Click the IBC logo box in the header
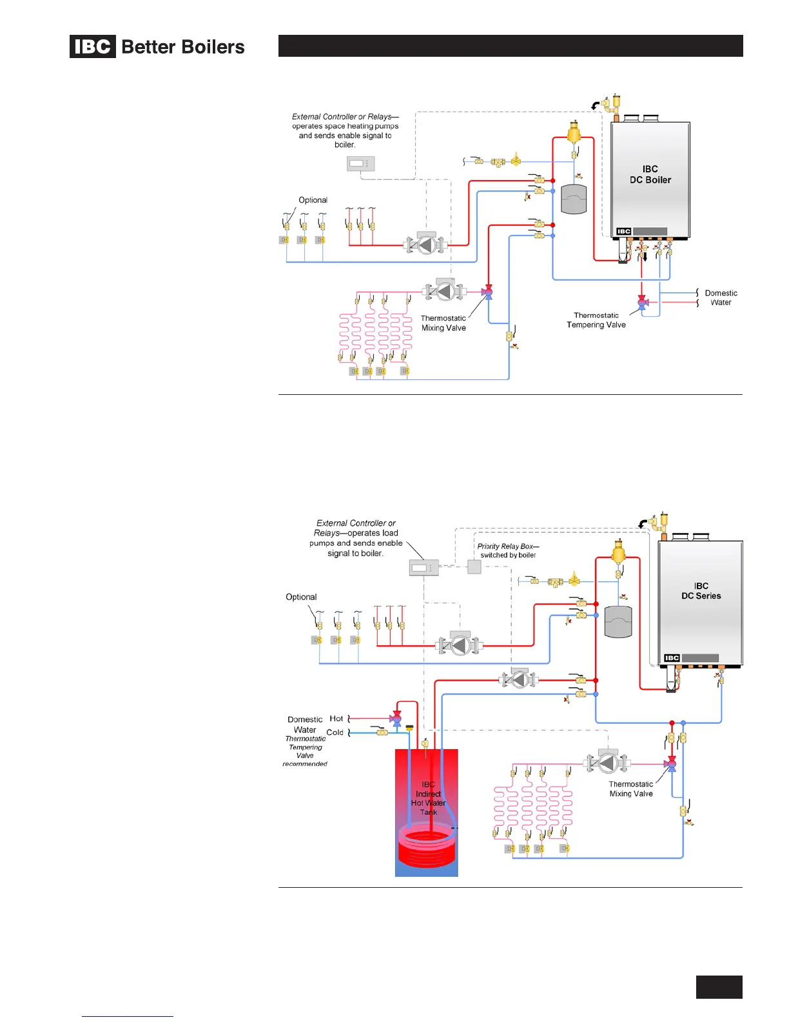(x=93, y=46)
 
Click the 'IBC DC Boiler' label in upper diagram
(x=650, y=175)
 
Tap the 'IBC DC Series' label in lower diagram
(x=701, y=591)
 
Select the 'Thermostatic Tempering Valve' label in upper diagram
(x=596, y=321)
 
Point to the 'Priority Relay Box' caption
(x=508, y=550)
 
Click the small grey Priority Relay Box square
(x=474, y=567)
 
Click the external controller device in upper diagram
(x=357, y=164)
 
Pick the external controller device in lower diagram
(x=424, y=568)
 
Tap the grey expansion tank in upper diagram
(x=574, y=199)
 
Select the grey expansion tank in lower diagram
(x=618, y=622)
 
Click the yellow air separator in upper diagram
(x=573, y=134)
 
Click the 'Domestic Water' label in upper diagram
(x=721, y=298)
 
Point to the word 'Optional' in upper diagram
(x=313, y=200)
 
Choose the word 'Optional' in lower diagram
(x=301, y=597)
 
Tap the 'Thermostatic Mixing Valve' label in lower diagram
(x=631, y=789)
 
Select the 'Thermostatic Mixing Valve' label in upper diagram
(x=443, y=323)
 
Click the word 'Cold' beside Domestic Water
(x=335, y=732)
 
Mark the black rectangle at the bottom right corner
(x=719, y=987)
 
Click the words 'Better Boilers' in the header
(x=183, y=47)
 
